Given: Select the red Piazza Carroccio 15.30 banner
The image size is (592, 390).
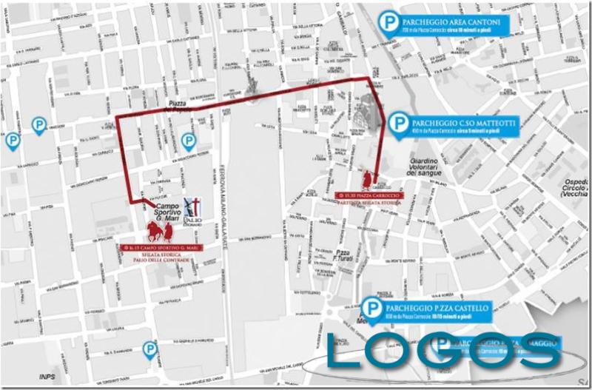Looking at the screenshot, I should (369, 195).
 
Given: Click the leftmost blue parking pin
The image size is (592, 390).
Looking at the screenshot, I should (12, 140).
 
